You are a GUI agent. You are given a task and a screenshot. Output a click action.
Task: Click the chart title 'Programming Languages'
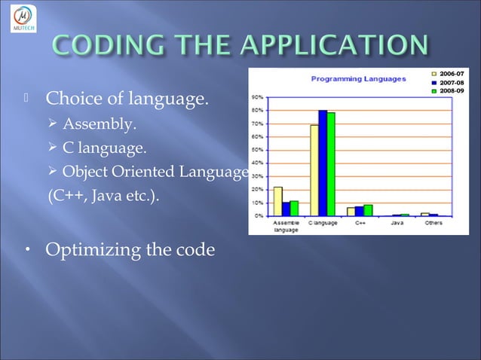pyautogui.click(x=358, y=78)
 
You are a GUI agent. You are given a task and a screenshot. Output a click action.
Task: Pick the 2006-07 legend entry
pyautogui.click(x=449, y=74)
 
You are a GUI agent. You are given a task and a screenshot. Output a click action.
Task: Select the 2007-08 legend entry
pyautogui.click(x=449, y=83)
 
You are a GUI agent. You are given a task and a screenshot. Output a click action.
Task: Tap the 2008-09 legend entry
pyautogui.click(x=449, y=92)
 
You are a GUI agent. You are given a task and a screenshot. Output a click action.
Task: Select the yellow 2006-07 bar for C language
pyautogui.click(x=314, y=170)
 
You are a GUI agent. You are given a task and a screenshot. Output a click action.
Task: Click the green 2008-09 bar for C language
pyautogui.click(x=331, y=164)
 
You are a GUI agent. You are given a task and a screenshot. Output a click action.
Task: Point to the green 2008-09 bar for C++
pyautogui.click(x=368, y=210)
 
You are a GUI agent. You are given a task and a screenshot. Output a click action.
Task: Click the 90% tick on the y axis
pyautogui.click(x=257, y=97)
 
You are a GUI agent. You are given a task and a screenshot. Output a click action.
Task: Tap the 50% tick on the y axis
pyautogui.click(x=257, y=150)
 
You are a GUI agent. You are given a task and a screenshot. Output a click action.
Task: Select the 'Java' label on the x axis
pyautogui.click(x=397, y=224)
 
